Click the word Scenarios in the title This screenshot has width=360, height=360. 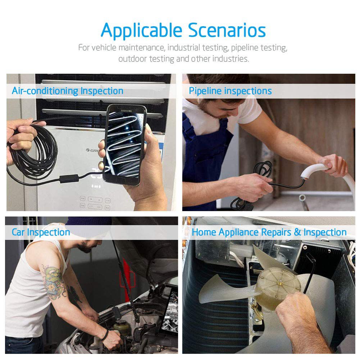click(x=227, y=30)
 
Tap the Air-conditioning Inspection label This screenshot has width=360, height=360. click(x=68, y=91)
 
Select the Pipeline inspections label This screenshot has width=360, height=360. click(x=230, y=91)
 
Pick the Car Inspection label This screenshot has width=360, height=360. click(x=41, y=232)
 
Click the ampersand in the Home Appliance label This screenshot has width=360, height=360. click(x=297, y=232)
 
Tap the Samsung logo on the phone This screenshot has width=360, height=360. click(x=127, y=111)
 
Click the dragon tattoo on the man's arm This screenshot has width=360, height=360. click(x=53, y=282)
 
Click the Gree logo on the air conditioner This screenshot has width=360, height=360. click(x=92, y=150)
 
